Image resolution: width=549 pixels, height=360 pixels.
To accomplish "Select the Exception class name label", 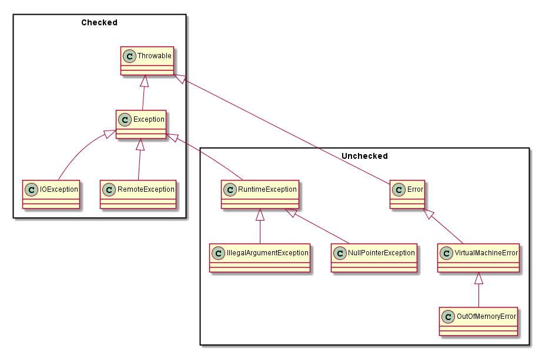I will click(x=149, y=119).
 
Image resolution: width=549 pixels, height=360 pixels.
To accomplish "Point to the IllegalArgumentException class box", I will click(x=260, y=258).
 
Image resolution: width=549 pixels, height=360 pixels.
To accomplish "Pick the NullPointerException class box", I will click(x=374, y=258).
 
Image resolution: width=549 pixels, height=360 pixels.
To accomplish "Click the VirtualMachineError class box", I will click(x=478, y=258).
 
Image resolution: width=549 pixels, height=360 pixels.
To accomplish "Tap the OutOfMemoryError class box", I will click(x=478, y=321).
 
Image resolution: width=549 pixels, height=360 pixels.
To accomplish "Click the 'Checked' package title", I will click(x=99, y=23).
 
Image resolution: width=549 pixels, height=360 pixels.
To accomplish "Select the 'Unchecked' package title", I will click(x=364, y=156).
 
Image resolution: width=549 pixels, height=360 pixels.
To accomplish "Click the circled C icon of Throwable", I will click(x=129, y=56).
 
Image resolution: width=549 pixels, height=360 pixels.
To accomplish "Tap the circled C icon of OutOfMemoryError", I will click(x=448, y=316).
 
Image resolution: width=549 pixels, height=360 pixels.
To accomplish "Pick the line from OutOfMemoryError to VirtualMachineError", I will click(x=478, y=294).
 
